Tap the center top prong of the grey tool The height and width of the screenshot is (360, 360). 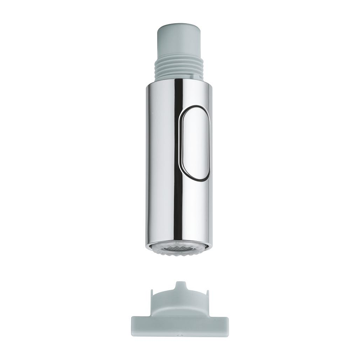[x=180, y=285]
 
